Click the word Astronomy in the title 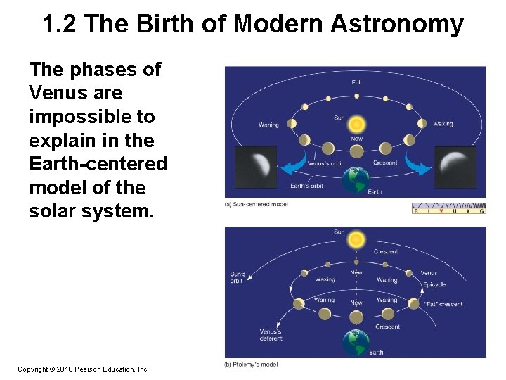coord(396,24)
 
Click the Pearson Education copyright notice coord(83,369)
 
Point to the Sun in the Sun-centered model coord(356,125)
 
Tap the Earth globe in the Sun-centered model coord(356,180)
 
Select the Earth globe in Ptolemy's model coord(356,343)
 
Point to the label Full coord(357,82)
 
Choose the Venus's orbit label coord(325,164)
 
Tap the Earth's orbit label coord(307,186)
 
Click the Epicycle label coord(434,285)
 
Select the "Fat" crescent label coord(443,304)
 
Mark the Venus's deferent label coord(271,335)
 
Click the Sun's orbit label coord(238,277)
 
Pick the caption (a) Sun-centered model coord(257,204)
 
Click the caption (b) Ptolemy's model coord(251,364)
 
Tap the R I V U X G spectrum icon coord(448,208)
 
